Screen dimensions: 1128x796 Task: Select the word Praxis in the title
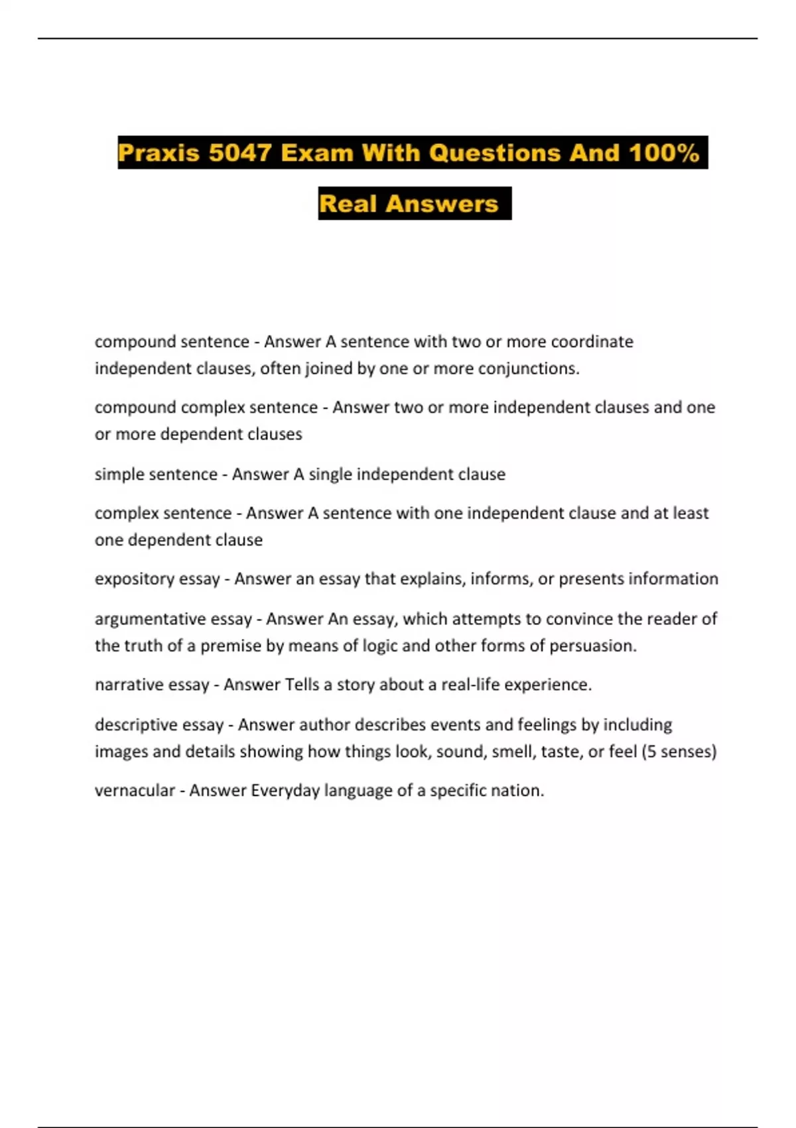pyautogui.click(x=159, y=153)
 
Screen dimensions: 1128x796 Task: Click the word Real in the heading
pyautogui.click(x=348, y=204)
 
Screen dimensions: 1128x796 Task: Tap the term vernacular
pyautogui.click(x=135, y=790)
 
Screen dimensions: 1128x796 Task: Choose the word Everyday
pyautogui.click(x=285, y=790)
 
